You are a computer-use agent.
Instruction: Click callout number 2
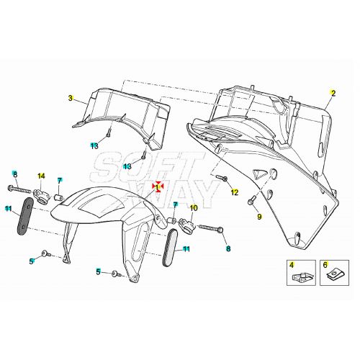click(x=333, y=94)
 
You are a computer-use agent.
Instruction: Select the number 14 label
click(x=41, y=176)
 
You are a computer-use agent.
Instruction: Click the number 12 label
click(x=234, y=192)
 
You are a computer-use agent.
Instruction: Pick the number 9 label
click(x=260, y=217)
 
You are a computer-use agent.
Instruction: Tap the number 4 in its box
click(x=292, y=265)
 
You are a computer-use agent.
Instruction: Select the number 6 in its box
click(x=325, y=265)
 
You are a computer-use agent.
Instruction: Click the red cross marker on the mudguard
click(x=158, y=186)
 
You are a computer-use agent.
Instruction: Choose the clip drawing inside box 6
click(x=335, y=275)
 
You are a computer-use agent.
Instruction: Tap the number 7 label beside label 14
click(x=60, y=180)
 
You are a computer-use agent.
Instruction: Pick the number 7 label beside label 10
click(x=175, y=205)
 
